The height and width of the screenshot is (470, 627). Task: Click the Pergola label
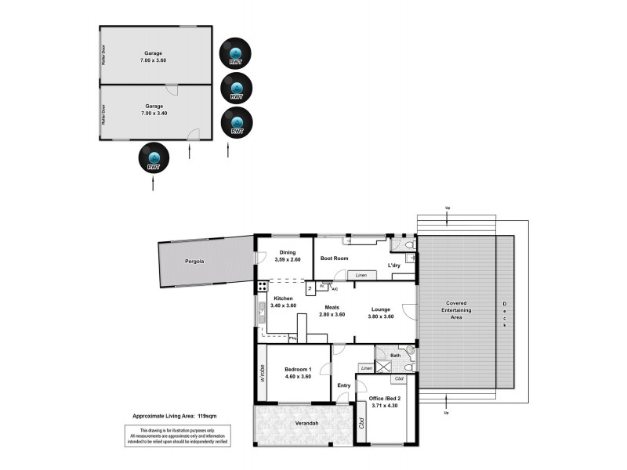pos(194,261)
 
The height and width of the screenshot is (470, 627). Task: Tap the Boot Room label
pos(334,258)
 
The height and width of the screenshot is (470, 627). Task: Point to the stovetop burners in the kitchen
pos(261,287)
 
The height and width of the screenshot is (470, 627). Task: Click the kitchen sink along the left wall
pos(261,316)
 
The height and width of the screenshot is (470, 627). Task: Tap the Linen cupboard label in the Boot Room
pos(361,275)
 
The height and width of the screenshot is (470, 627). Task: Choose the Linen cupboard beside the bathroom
pos(365,367)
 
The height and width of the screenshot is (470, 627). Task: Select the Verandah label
pos(306,424)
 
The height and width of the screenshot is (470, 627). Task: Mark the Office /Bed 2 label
pos(383,399)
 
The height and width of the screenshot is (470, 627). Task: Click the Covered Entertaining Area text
pos(456,309)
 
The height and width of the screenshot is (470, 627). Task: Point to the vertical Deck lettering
pos(505,313)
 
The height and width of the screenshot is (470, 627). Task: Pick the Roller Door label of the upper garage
pos(103,54)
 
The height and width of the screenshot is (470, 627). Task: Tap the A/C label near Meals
pos(335,289)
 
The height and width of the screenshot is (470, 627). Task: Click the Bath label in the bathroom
pos(396,355)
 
